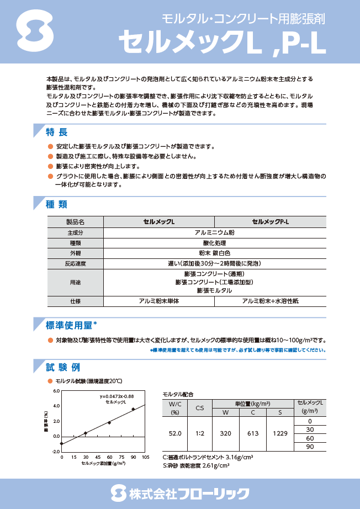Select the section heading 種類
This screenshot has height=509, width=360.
click(x=57, y=204)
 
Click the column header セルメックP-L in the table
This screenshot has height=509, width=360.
click(x=271, y=222)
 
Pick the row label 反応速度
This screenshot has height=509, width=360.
click(x=75, y=264)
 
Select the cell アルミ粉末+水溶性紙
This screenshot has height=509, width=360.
click(x=271, y=301)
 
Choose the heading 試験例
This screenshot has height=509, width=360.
click(x=64, y=367)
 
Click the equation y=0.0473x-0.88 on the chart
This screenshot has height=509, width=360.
click(x=117, y=397)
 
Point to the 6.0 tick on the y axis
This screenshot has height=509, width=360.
click(x=56, y=391)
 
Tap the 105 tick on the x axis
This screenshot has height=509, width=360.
click(x=146, y=458)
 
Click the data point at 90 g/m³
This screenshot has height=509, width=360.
click(x=133, y=409)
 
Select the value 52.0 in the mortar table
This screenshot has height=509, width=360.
click(x=175, y=433)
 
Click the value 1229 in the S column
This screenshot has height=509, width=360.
click(x=280, y=433)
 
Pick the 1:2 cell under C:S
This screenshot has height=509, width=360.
click(x=199, y=433)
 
